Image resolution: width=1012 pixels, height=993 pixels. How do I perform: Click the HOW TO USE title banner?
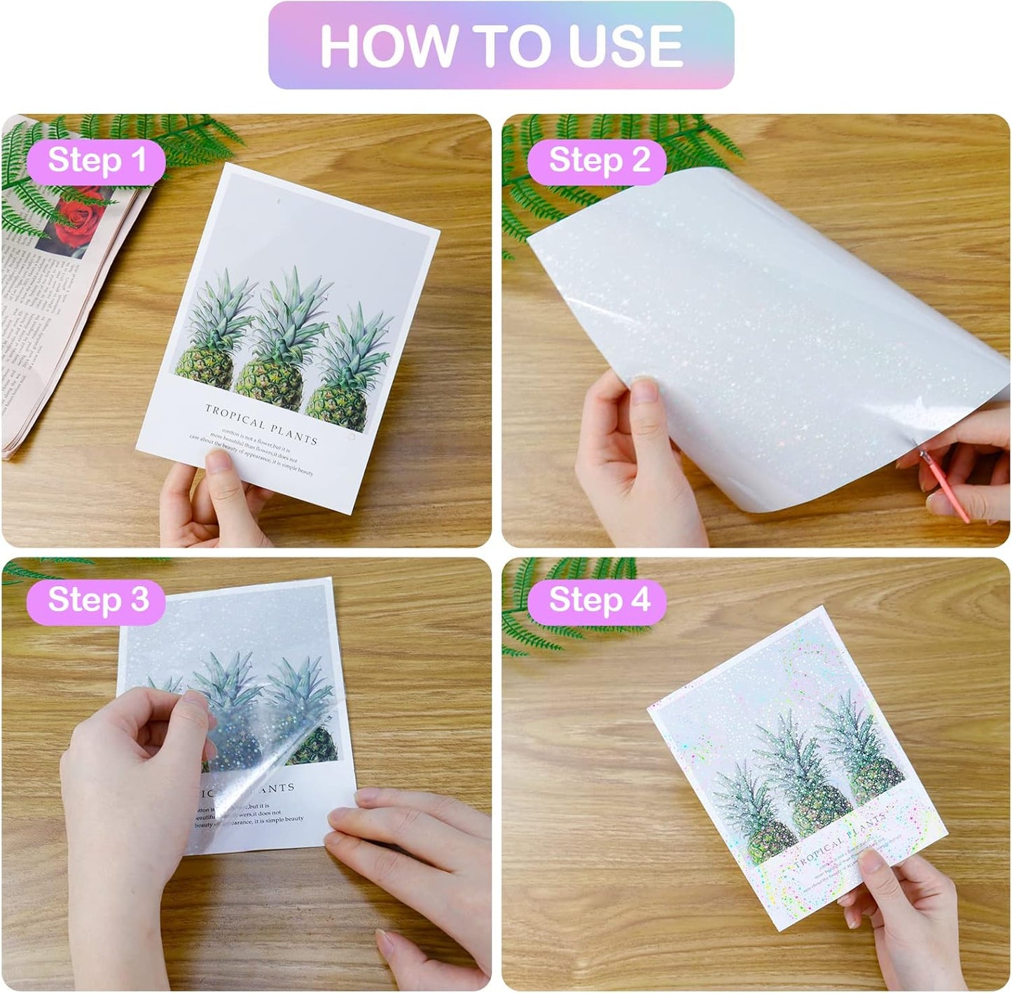pos(501,46)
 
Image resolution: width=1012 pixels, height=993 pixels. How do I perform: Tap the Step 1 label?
pos(96,160)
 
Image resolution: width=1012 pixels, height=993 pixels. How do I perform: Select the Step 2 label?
pos(598,160)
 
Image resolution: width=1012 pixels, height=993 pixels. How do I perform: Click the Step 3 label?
pos(97,600)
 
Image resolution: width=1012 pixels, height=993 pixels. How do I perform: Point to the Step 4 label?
pos(599,600)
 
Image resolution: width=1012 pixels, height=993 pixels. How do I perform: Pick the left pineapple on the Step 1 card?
pos(210,343)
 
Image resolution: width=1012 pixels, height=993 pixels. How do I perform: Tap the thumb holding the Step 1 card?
pos(223,476)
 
